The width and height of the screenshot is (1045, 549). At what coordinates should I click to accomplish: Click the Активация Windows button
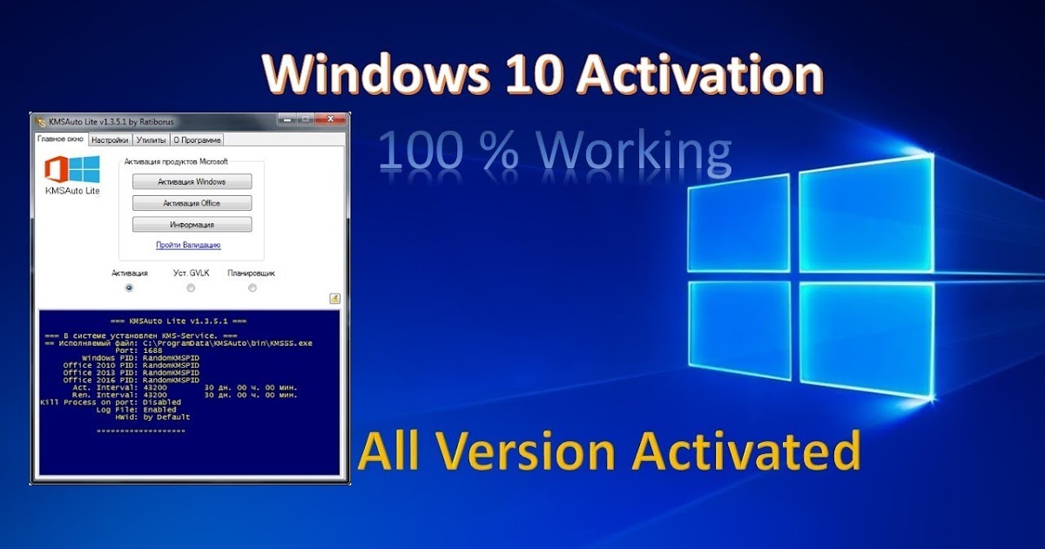coord(192,181)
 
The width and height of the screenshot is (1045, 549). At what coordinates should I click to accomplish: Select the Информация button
coord(192,225)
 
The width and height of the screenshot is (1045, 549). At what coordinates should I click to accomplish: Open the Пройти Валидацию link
coord(188,245)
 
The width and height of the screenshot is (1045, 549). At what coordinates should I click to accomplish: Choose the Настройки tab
coord(111,139)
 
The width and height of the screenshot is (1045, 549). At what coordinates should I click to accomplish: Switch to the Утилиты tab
coord(151,139)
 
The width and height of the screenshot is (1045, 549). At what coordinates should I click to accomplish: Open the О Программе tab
coord(197,139)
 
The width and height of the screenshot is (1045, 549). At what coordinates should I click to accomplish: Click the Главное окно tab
coord(59,139)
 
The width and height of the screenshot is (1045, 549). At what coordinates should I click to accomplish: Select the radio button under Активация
coord(130,288)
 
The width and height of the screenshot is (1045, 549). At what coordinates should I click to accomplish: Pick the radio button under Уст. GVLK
coord(191,288)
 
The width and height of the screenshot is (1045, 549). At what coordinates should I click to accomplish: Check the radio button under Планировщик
coord(252,288)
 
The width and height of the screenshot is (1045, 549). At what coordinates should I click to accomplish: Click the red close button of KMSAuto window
coord(330,119)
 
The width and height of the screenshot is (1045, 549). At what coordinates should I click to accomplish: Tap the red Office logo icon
coord(57,169)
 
